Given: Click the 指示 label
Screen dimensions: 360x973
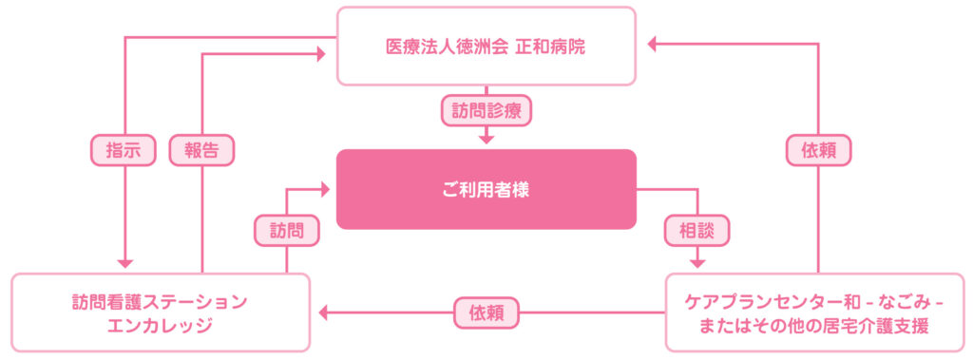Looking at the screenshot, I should coord(124,150).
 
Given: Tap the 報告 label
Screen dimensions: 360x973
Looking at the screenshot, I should coord(201,150).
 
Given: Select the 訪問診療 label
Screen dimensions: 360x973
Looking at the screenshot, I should coord(486,109).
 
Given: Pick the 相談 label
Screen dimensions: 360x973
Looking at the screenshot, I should coord(697,229).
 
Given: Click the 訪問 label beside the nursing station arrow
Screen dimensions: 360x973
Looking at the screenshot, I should coord(286,229).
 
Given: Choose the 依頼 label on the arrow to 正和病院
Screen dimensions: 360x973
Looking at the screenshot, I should coord(818,150).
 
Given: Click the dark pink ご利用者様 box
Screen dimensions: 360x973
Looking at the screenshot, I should coord(486,189).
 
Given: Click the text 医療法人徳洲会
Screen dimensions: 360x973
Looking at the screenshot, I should coord(447,45).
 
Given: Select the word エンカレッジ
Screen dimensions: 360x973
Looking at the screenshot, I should coord(161,326).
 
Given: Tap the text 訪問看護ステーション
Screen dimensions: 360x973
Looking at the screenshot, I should coord(161,302).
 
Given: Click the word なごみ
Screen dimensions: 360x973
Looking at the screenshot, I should coord(889,302).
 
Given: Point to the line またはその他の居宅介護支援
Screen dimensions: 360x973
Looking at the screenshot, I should coord(819,326).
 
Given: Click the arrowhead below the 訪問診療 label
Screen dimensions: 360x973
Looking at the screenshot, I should coord(486,138).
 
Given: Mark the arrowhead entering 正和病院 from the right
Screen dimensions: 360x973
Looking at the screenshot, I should coord(653,43).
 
